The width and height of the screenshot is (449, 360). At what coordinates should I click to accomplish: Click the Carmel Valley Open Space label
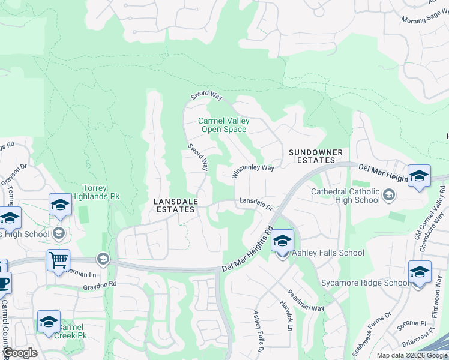[223, 125]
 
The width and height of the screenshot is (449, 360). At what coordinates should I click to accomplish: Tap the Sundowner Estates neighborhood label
[316, 157]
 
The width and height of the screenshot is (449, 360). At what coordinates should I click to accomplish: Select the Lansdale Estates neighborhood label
[174, 206]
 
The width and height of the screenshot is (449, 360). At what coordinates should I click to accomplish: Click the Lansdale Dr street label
[256, 204]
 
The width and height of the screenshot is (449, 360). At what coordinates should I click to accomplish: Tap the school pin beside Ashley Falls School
[282, 242]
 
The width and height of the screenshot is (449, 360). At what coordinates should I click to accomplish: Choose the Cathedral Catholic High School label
[345, 196]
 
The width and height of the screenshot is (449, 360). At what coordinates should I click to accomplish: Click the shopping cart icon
[59, 260]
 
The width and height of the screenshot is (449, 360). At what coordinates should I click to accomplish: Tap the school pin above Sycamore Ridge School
[420, 272]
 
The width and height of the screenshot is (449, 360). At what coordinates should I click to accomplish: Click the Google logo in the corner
[20, 353]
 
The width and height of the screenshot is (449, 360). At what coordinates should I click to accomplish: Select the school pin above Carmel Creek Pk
[49, 322]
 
